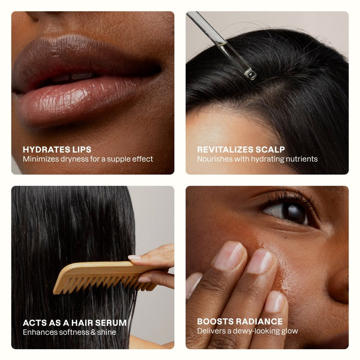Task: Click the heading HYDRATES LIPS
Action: pos(57,149)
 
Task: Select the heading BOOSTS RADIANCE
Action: pos(240,321)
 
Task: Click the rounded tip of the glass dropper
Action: pos(251,74)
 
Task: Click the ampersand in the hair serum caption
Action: pos(93,332)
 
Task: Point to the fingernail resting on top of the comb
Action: pos(134,257)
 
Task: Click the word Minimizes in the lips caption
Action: pos(40,159)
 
